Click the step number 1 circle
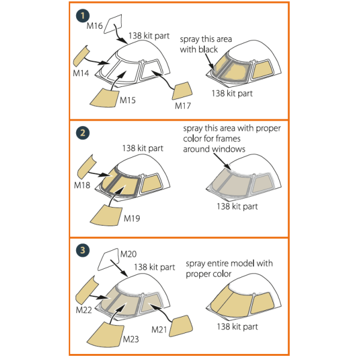click(83, 16)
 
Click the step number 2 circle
click(83, 133)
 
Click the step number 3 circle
click(83, 250)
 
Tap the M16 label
click(94, 26)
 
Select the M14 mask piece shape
click(81, 56)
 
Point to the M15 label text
click(128, 100)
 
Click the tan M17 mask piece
click(182, 91)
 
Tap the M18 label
click(82, 185)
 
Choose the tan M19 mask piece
click(106, 215)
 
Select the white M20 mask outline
click(109, 259)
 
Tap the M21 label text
click(159, 329)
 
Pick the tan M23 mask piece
click(106, 335)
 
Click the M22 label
click(84, 310)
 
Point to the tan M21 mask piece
click(181, 326)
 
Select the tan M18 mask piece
click(87, 167)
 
